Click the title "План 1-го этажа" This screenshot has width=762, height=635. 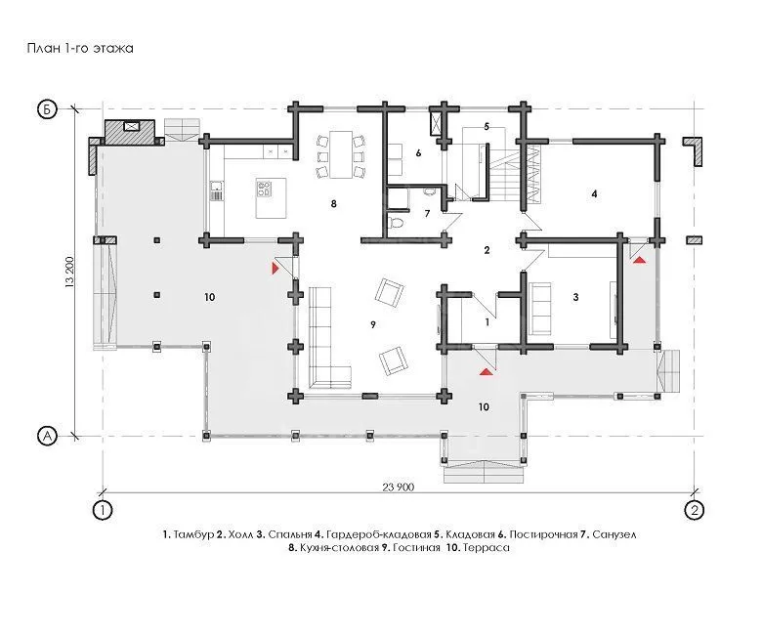(80, 48)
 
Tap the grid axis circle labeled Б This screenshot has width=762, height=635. (47, 109)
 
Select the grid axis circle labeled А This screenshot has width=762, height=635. (47, 436)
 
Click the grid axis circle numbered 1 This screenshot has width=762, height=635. (103, 510)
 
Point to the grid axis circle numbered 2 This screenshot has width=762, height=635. (694, 510)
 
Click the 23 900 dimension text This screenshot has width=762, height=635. (399, 487)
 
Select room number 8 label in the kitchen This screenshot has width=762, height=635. (333, 203)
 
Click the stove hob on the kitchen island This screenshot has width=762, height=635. (265, 189)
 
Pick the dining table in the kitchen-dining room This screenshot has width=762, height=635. (341, 154)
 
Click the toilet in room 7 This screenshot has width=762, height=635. (396, 224)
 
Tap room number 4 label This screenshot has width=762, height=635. (594, 193)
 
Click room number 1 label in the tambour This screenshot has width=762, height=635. (487, 321)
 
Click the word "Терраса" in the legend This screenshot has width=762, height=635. (487, 547)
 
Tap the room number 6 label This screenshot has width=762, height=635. (418, 153)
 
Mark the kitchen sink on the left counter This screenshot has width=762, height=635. (216, 185)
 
